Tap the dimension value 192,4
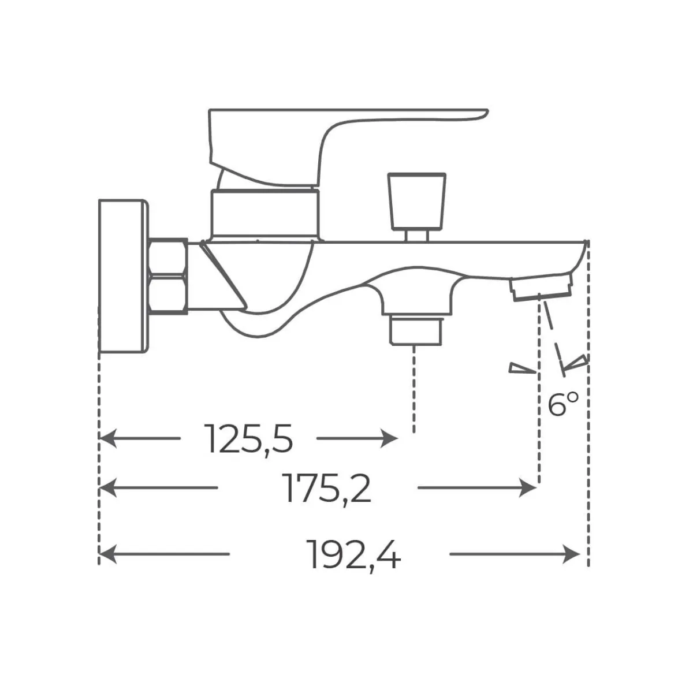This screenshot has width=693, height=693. [x=355, y=555]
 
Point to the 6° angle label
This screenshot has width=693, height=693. [x=563, y=404]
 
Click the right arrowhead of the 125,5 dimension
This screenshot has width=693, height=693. [x=389, y=438]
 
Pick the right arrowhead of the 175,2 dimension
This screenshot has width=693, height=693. [x=528, y=487]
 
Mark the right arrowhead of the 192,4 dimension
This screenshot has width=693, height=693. [x=572, y=554]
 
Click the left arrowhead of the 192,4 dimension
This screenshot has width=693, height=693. [x=108, y=554]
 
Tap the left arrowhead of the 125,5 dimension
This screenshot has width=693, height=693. [x=108, y=438]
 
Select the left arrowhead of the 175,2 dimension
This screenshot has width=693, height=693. [x=108, y=487]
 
